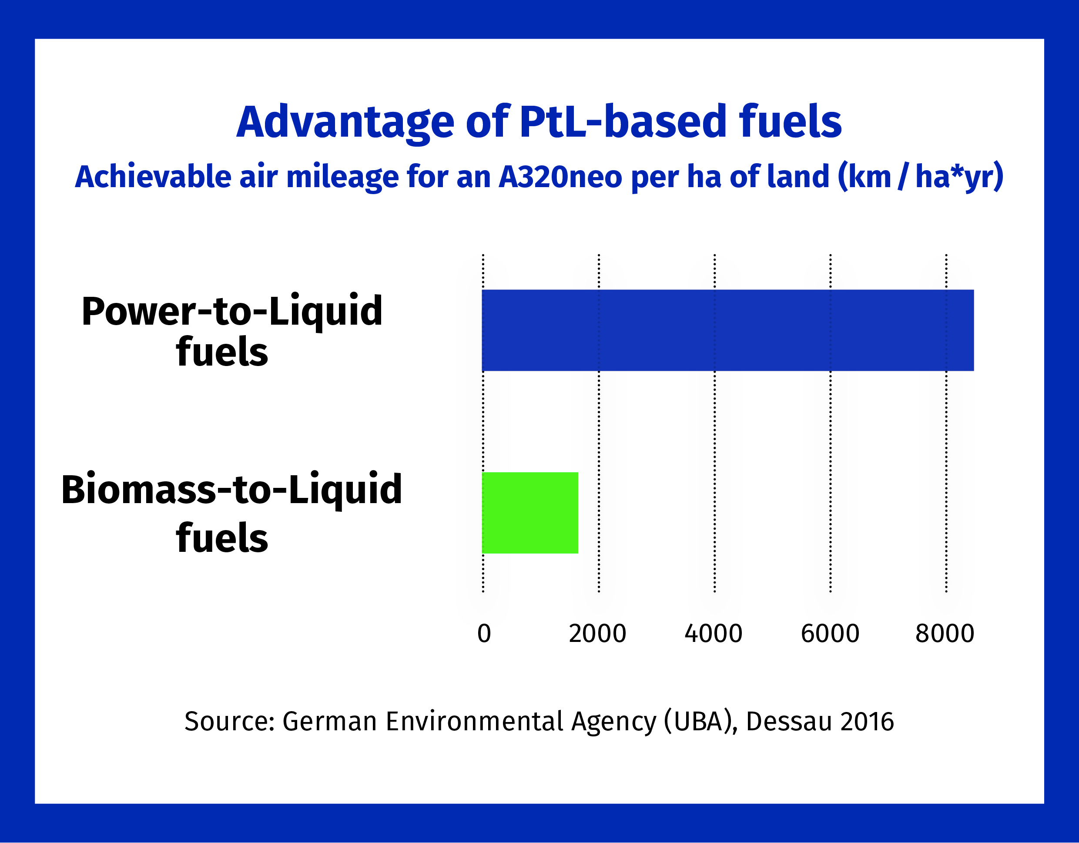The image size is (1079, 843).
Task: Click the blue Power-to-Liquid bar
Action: [x=727, y=330]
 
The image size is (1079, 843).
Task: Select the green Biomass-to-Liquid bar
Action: [x=529, y=513]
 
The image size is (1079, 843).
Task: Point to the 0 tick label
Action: [x=484, y=634]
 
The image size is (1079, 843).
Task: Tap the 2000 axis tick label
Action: [x=597, y=634]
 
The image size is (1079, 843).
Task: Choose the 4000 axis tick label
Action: [x=714, y=634]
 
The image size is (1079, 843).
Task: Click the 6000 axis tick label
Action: [x=830, y=634]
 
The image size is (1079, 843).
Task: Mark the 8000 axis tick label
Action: [x=945, y=634]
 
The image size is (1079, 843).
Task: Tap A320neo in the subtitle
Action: [x=560, y=176]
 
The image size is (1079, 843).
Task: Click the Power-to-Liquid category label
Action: [x=232, y=311]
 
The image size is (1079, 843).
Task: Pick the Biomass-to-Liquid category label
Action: [x=232, y=490]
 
